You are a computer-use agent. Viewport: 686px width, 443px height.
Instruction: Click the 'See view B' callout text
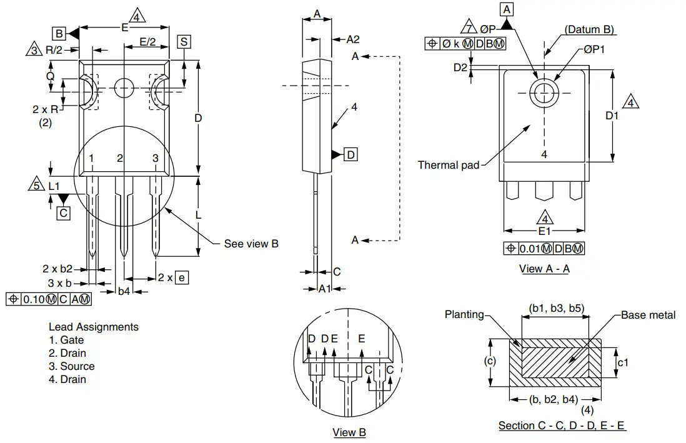(x=251, y=244)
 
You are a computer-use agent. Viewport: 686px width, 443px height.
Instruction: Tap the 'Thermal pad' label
(x=449, y=165)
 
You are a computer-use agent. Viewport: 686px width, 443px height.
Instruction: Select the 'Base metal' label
(x=648, y=315)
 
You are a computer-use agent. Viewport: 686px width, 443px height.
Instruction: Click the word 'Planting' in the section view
(x=464, y=314)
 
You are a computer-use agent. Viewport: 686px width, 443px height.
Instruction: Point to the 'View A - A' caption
(x=544, y=269)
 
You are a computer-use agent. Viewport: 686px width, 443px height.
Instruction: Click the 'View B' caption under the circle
(x=349, y=432)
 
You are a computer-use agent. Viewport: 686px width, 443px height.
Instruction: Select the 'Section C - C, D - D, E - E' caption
(x=562, y=426)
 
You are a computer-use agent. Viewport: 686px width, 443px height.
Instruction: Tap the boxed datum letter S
(x=184, y=42)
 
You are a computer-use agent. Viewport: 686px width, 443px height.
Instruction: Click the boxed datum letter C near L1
(x=64, y=213)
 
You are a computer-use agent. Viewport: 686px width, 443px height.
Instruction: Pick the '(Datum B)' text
(x=589, y=30)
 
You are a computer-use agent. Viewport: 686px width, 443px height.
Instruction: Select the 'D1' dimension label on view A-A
(x=612, y=116)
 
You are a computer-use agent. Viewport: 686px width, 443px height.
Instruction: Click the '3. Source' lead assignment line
(x=72, y=366)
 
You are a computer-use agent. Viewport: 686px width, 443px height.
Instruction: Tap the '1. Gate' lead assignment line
(x=66, y=340)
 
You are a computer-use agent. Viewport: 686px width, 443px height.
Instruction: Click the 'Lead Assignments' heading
(x=94, y=327)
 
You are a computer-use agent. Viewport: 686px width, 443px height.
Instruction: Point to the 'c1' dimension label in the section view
(x=623, y=362)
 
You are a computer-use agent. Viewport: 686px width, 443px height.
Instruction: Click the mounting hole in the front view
(x=124, y=87)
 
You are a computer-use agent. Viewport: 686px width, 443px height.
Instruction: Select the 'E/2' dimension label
(x=147, y=42)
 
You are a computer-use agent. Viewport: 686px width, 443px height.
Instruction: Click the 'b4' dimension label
(x=124, y=291)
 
